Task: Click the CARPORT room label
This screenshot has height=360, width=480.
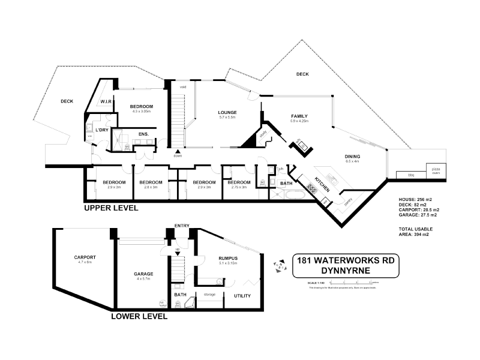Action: (x=85, y=257)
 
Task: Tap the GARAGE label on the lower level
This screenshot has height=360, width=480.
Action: (x=143, y=274)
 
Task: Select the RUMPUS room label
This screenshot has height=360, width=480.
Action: (x=228, y=258)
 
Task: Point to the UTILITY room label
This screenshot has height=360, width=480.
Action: (x=242, y=296)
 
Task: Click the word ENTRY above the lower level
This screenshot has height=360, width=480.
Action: (x=182, y=226)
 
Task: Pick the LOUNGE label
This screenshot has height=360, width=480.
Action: (x=227, y=112)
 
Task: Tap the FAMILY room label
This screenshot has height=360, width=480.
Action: (x=299, y=115)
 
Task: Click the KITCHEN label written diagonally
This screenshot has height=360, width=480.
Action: (x=322, y=185)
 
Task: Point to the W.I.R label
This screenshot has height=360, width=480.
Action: (x=107, y=101)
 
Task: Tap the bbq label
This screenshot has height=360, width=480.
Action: (x=411, y=175)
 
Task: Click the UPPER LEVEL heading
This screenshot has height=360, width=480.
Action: (x=111, y=208)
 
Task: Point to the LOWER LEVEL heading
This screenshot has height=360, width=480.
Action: (x=139, y=315)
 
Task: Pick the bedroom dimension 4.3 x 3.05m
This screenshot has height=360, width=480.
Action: (x=142, y=112)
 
